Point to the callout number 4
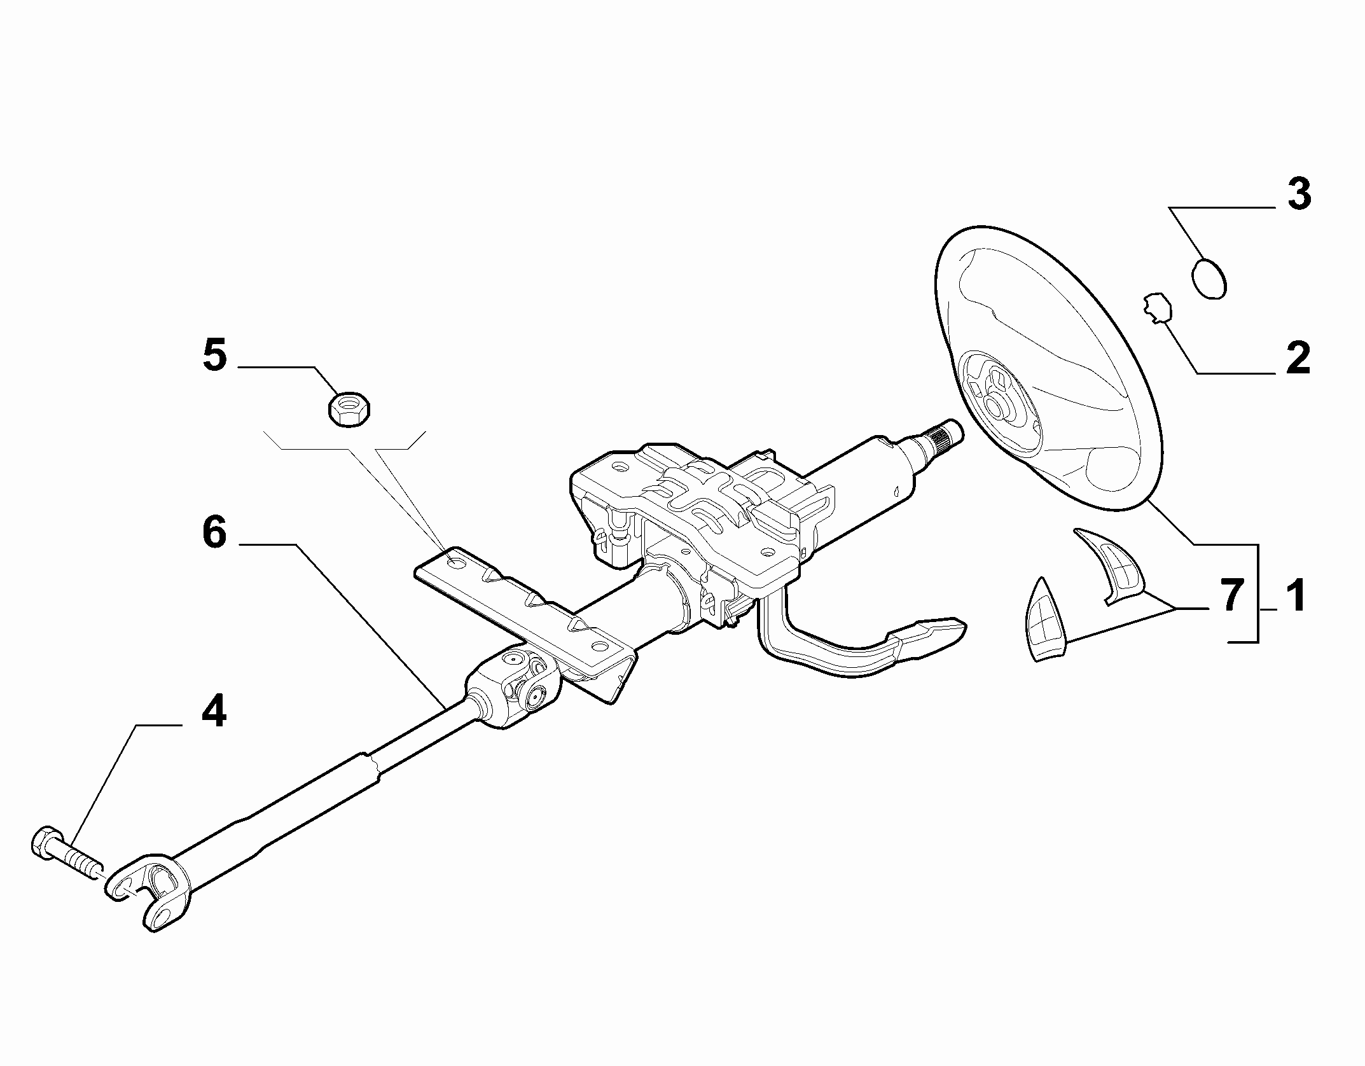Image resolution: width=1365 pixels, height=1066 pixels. [214, 711]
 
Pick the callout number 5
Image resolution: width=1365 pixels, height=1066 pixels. [215, 356]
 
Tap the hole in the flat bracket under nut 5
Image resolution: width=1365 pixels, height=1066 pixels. [456, 562]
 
